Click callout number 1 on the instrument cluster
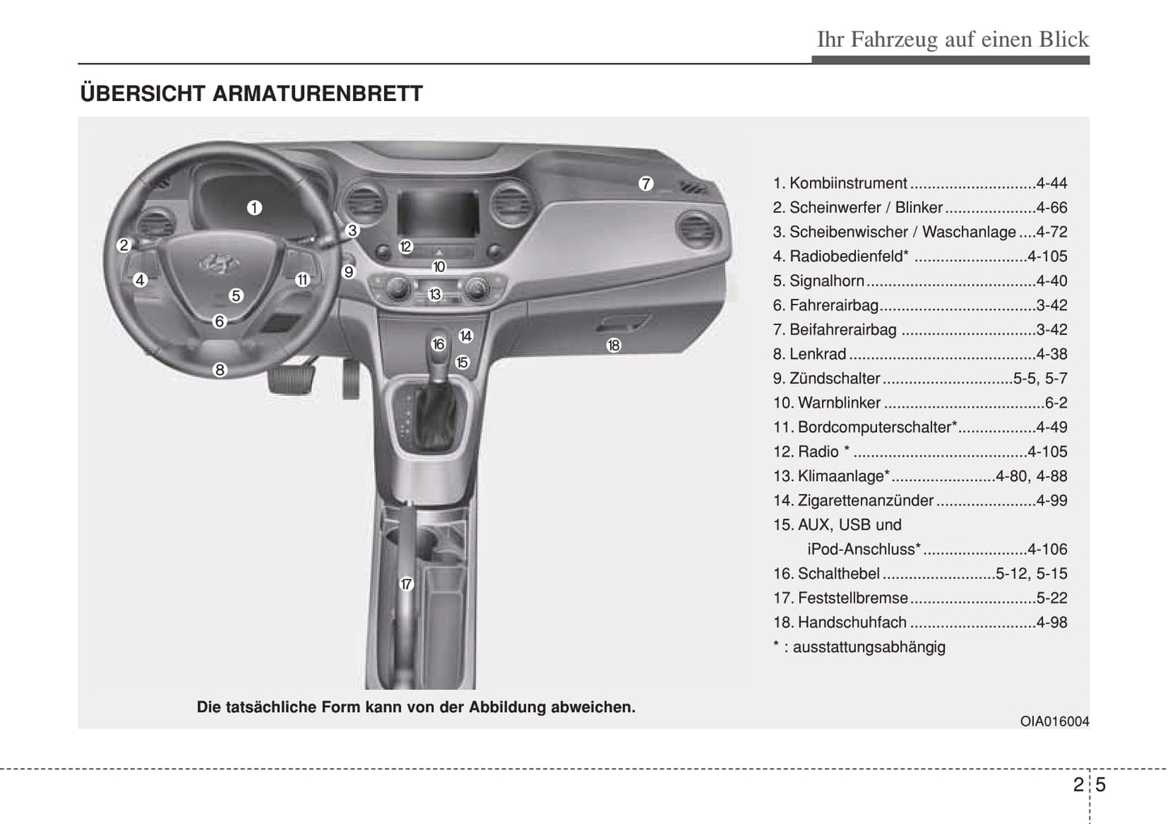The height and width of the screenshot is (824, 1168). (255, 208)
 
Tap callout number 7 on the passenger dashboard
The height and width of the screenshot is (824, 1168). (645, 184)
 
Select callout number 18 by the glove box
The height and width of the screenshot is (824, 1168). (614, 345)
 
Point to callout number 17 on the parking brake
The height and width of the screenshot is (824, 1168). (406, 584)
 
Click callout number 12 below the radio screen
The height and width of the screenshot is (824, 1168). (406, 247)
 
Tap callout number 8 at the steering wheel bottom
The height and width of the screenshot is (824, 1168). (220, 370)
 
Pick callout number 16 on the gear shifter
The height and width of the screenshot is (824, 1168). (438, 344)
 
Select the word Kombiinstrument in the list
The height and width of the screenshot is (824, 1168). (848, 184)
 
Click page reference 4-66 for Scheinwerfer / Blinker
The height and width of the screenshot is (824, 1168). (1051, 208)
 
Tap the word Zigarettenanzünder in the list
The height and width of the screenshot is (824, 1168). (865, 501)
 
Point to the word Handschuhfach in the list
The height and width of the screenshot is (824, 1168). (852, 623)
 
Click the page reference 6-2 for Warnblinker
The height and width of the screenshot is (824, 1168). (1056, 403)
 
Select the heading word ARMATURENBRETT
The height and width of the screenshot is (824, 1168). (318, 94)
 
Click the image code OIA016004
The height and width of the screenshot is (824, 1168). (1054, 721)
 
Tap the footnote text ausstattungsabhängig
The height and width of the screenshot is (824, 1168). (869, 647)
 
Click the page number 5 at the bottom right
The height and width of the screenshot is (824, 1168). (1101, 784)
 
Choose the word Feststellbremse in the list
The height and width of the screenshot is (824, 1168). (853, 598)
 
